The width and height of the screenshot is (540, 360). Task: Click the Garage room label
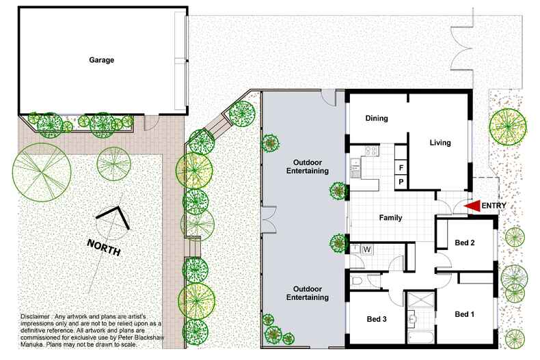point(101,60)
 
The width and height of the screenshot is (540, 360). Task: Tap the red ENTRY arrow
point(472,206)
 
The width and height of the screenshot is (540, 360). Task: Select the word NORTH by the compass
point(104,247)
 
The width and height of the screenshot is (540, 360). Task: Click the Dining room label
point(377,118)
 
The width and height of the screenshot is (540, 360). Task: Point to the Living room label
point(440,143)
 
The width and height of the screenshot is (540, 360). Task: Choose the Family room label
point(390,218)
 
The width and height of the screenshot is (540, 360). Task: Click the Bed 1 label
point(464,314)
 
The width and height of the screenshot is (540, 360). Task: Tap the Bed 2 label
point(465,243)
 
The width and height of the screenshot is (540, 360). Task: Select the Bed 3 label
point(377,319)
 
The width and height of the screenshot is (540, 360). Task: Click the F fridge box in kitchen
point(401,168)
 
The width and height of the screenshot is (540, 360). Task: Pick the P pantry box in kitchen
point(401,182)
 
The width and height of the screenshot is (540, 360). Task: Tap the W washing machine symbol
point(367,249)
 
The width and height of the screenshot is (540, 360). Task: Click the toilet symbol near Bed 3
point(357,281)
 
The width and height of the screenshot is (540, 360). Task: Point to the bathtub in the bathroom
point(420,336)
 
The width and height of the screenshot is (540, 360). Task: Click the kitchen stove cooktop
point(372,150)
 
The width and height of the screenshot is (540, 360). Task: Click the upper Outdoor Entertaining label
point(308,167)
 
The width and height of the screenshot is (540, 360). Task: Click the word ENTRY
point(494,206)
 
